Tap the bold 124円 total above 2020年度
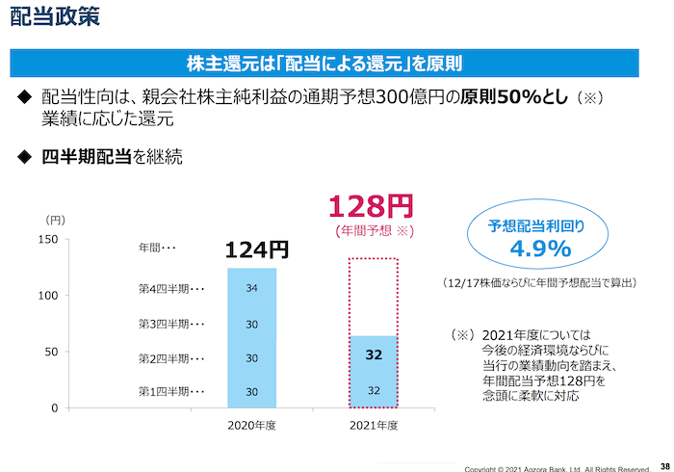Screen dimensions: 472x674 coord(257,250)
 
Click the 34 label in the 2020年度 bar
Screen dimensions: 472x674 coord(251,288)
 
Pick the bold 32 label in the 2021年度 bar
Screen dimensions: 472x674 coord(375,354)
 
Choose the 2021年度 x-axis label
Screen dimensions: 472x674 coord(374,424)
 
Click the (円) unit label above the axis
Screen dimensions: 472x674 coord(56,220)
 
